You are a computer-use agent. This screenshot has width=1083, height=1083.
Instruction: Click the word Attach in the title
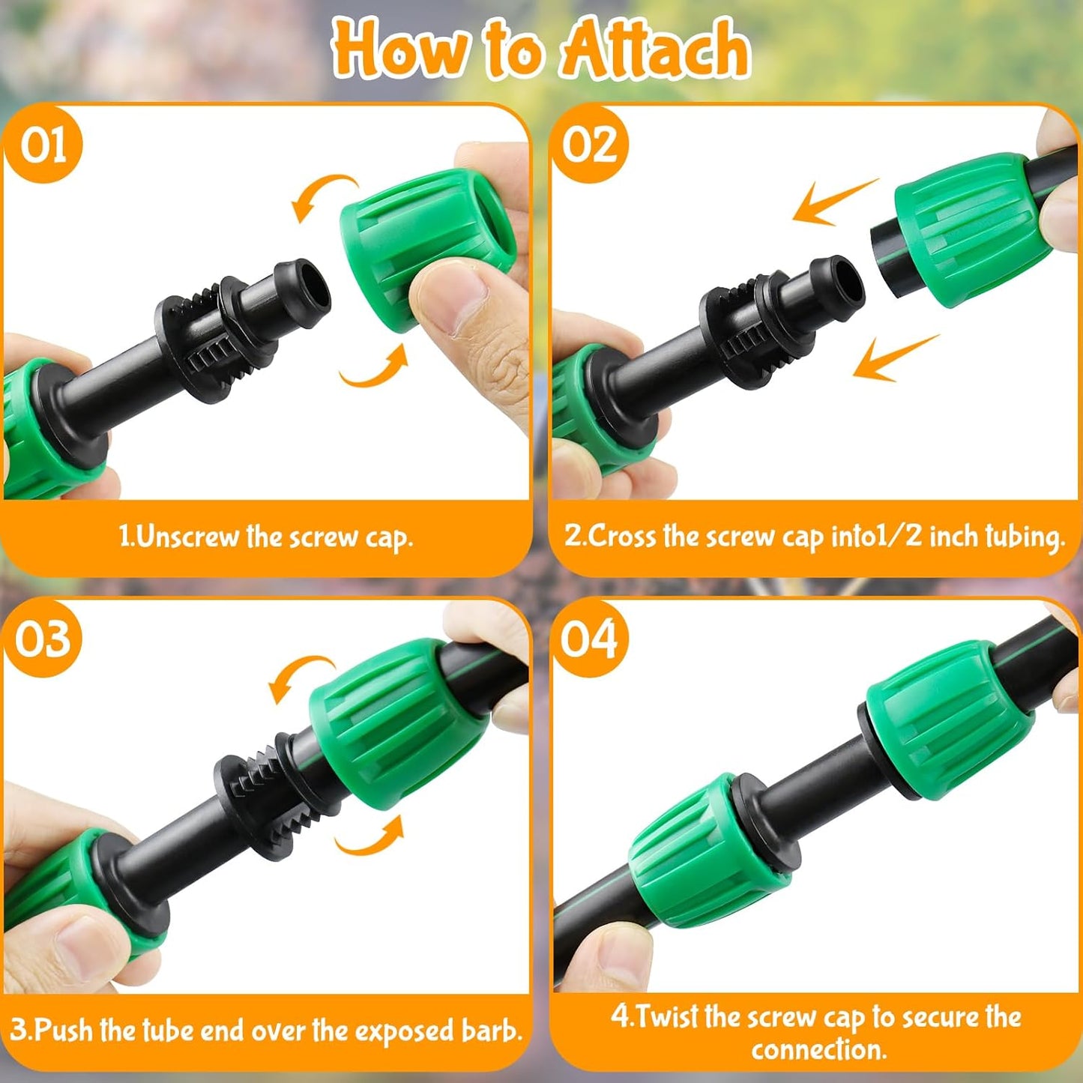(x=656, y=49)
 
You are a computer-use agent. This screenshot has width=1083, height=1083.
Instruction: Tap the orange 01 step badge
(x=43, y=144)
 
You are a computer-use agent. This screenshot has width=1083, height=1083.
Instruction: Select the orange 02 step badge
(x=590, y=144)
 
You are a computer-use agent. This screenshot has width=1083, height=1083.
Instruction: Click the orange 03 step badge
(x=43, y=639)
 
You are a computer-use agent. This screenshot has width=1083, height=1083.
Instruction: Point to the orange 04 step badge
(x=590, y=639)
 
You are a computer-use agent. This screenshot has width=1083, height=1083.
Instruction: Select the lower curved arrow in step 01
(x=375, y=367)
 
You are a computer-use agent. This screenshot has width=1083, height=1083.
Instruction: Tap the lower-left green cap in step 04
(x=708, y=854)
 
